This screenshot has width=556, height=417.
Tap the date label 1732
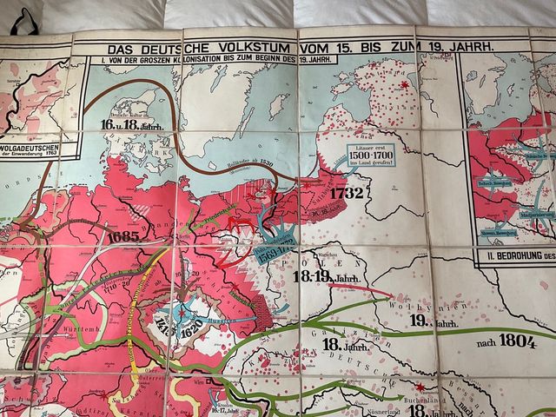[346, 193]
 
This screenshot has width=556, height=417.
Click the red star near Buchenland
[420, 387]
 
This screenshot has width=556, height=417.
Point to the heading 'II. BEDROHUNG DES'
[514, 255]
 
